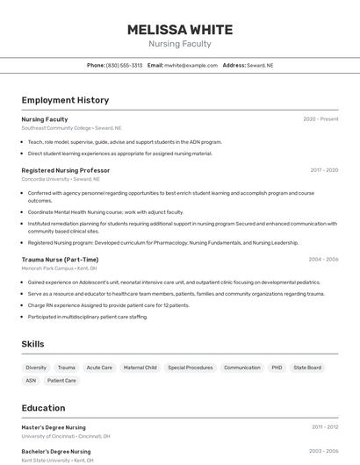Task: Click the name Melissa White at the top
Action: point(179,29)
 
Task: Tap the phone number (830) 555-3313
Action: point(124,65)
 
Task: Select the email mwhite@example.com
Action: point(191,65)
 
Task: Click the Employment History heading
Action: point(65,100)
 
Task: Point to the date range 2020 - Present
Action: point(320,119)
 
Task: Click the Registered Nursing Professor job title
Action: point(65,170)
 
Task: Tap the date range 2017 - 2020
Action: point(324,170)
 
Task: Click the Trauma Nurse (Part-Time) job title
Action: point(60,260)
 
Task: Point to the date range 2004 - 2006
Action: point(323,260)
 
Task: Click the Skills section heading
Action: point(32,344)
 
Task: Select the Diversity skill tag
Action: point(36,368)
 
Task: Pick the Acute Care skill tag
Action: point(99,368)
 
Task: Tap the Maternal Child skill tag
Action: point(140,368)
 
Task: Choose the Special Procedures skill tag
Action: point(190,368)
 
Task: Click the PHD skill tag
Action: point(277,368)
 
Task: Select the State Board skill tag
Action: point(307,368)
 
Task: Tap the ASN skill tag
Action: point(31,381)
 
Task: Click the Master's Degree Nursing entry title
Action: point(54,427)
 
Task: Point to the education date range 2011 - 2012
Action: point(324,427)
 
